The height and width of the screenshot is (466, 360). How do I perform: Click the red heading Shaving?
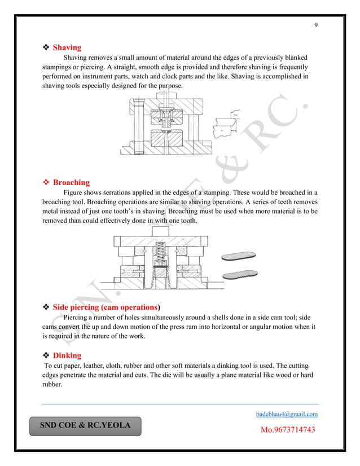click(67, 47)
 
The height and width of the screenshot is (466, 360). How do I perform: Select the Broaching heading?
click(71, 182)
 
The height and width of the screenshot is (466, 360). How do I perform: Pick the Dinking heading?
click(67, 355)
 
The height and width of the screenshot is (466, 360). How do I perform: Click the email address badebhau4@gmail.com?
click(287, 414)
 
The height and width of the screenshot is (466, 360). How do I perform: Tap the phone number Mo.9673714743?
click(287, 430)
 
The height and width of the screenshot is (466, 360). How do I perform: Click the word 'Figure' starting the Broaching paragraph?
click(74, 193)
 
